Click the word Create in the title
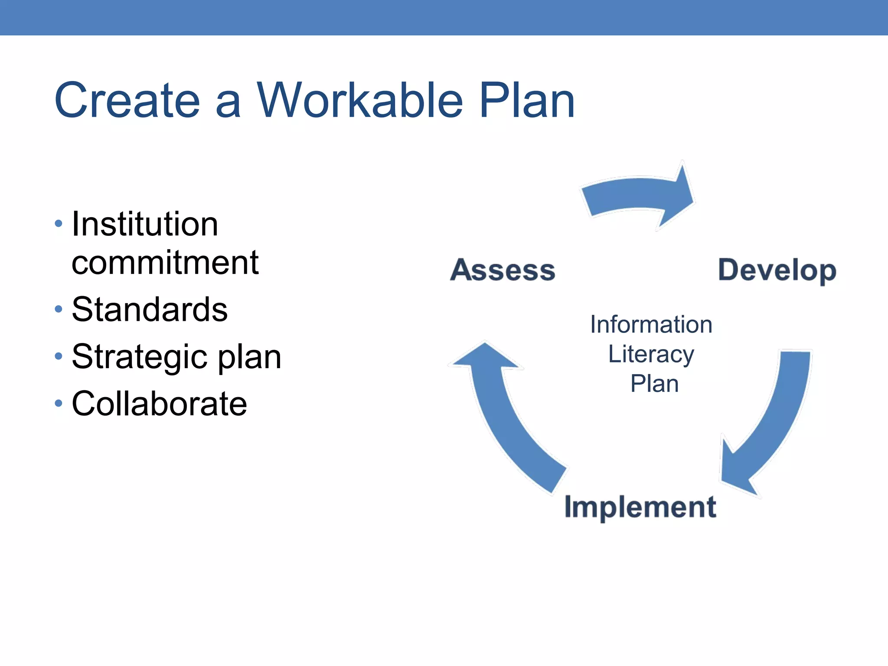tap(127, 101)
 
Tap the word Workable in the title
tap(360, 101)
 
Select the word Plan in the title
tap(526, 101)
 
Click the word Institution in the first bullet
tap(145, 224)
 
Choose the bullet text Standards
tap(150, 310)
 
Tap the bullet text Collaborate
tap(159, 404)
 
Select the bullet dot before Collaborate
tap(59, 404)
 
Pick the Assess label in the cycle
tap(503, 270)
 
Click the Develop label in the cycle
tap(777, 270)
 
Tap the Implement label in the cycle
tap(640, 507)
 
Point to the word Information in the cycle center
tap(651, 325)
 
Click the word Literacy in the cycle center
tap(651, 354)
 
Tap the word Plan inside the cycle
tap(654, 384)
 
